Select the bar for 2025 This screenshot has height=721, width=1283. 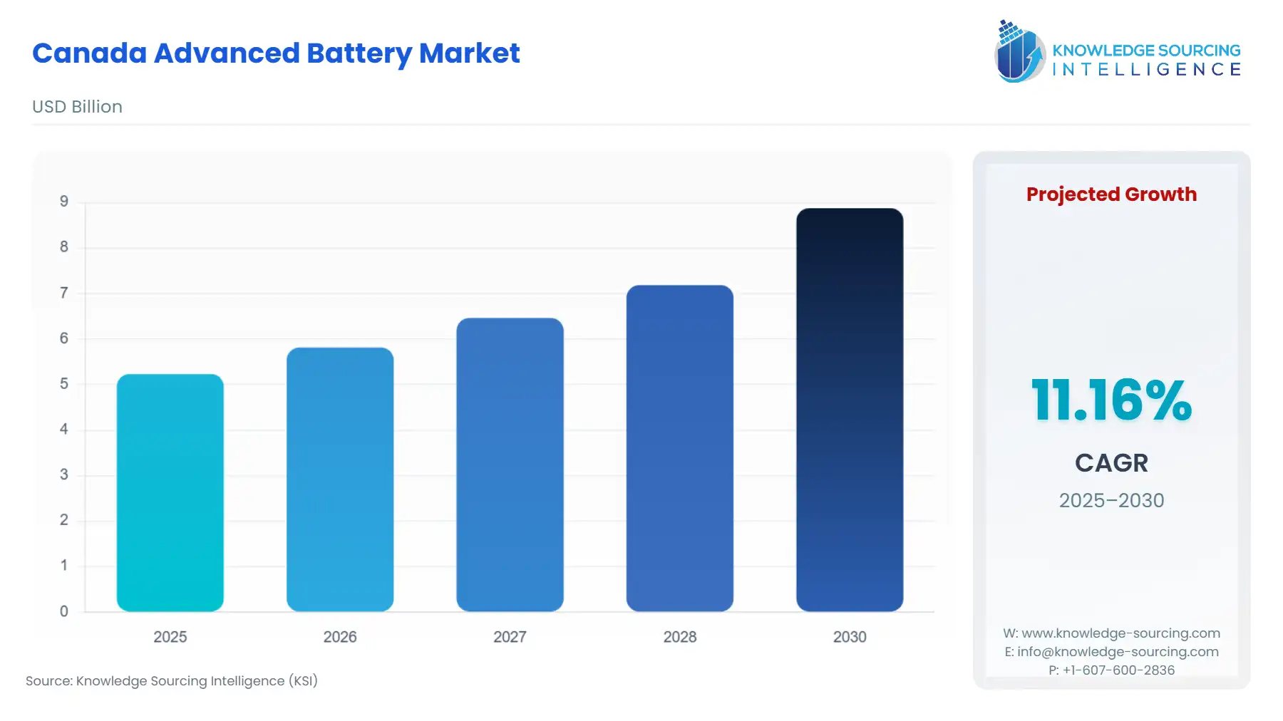[170, 492]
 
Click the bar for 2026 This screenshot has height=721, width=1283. [339, 479]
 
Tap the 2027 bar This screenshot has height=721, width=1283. [510, 465]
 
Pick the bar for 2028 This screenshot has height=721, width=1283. [679, 448]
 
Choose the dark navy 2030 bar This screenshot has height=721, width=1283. [849, 410]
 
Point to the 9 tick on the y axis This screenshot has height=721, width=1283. [64, 202]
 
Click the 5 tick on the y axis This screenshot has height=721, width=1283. [64, 384]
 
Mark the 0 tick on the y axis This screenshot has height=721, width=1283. [64, 611]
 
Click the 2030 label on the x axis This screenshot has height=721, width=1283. [850, 637]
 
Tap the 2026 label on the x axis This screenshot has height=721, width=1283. [339, 637]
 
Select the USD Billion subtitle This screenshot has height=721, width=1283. [77, 107]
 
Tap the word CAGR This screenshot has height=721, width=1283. [1111, 463]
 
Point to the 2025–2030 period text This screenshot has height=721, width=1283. [1111, 500]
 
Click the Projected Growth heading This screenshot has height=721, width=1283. [1111, 194]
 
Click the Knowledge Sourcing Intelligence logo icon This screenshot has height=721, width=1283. [1019, 51]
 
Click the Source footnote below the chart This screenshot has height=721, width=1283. [172, 681]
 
